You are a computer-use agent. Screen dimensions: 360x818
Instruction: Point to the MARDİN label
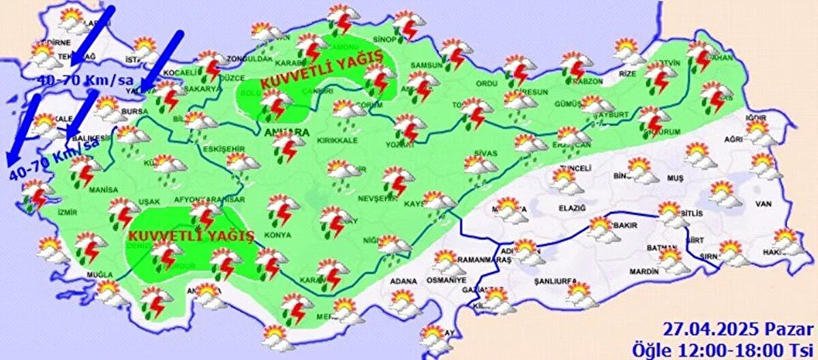coord(644,271)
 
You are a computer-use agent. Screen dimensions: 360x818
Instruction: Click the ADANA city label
coord(403,280)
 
